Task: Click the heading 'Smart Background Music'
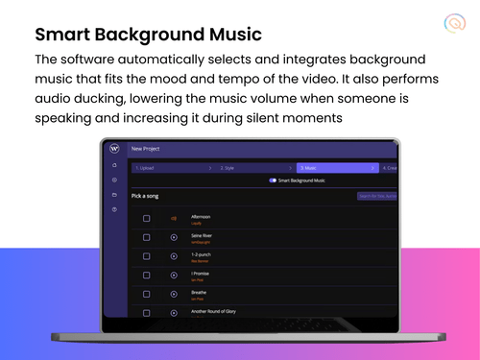(148, 36)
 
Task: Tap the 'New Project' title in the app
(146, 149)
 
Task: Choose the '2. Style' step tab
(228, 167)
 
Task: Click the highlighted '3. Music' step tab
(312, 167)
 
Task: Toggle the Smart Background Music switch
(273, 180)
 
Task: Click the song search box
(376, 196)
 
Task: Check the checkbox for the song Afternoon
(146, 218)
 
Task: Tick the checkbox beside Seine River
(146, 237)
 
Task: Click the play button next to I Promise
(174, 275)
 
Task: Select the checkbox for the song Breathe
(146, 293)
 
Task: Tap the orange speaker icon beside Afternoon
(174, 218)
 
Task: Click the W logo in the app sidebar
(114, 149)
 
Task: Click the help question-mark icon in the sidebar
(114, 208)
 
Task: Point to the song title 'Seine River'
(204, 234)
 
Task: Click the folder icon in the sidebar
(114, 194)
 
